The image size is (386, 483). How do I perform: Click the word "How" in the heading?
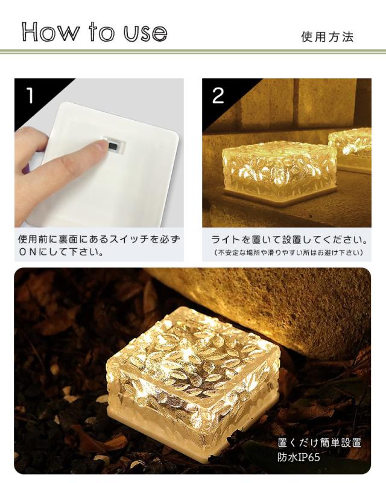point(51,31)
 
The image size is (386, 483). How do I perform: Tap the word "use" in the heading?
point(145,33)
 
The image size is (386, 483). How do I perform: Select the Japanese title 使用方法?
point(327,37)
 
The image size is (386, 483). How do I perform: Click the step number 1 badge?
point(30,95)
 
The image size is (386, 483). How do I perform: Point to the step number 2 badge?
point(218,95)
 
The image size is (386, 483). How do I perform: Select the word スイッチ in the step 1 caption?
point(132,239)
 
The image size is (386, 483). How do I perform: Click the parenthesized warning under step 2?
point(288,252)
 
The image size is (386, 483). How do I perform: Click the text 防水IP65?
point(299,458)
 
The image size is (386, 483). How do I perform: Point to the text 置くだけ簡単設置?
point(319,443)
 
